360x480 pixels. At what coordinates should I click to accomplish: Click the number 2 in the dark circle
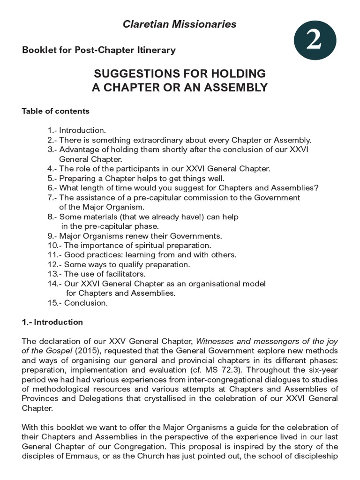[x=314, y=41]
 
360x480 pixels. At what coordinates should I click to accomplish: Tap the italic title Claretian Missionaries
[x=180, y=24]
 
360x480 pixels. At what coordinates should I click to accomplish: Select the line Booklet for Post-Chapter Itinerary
[x=99, y=50]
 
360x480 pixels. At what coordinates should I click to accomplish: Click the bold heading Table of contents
[x=55, y=112]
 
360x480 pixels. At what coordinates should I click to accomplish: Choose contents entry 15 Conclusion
[x=77, y=303]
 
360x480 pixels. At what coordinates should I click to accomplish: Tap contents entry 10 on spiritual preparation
[x=129, y=245]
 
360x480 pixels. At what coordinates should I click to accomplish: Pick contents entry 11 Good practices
[x=142, y=255]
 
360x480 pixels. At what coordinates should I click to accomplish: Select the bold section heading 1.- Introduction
[x=52, y=322]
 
